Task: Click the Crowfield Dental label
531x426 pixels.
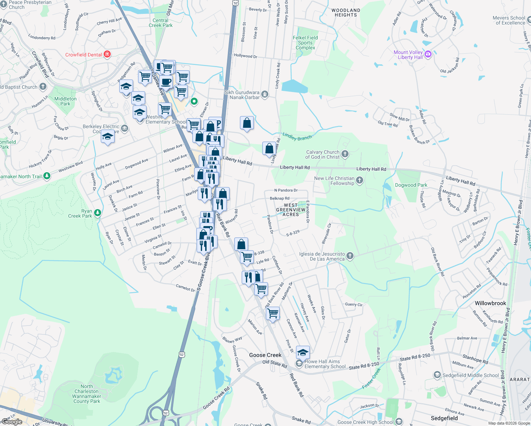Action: coord(83,55)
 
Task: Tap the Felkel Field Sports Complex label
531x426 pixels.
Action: coord(305,43)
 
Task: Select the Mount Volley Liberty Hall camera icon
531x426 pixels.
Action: coord(428,54)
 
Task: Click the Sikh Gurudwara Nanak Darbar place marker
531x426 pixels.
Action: coord(264,94)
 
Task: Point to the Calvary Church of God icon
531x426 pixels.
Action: coord(345,154)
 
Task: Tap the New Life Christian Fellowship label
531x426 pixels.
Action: coord(334,181)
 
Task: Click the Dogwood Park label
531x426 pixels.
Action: coord(411,185)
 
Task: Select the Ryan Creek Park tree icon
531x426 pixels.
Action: coord(97,213)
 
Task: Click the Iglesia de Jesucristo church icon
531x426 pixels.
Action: coord(350,256)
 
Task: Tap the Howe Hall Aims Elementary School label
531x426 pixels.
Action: coord(325,364)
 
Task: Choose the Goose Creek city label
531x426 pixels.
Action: coord(265,355)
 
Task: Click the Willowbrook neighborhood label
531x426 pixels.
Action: coord(490,303)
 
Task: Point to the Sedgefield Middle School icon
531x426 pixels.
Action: coord(437,375)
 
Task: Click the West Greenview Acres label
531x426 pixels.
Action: coord(291,210)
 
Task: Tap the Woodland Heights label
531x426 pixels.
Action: coord(345,13)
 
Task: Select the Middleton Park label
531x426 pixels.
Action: coord(65,101)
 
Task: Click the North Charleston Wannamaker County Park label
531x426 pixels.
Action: coord(87,394)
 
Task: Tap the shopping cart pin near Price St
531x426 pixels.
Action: coord(273,313)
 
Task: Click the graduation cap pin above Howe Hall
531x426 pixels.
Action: coord(302,352)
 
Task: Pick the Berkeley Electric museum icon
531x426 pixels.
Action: coord(124,129)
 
